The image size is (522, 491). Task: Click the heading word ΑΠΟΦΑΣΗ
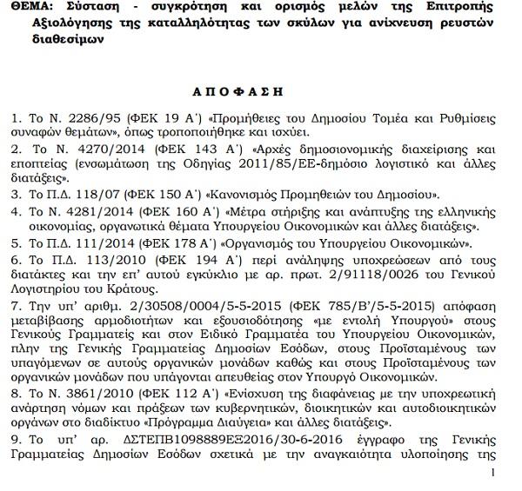coord(261,90)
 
